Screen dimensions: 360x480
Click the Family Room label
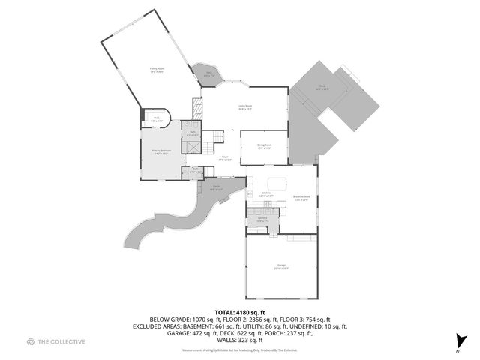156,68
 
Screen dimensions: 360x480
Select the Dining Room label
264,146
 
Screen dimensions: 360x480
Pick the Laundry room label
262,219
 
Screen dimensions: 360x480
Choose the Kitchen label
265,194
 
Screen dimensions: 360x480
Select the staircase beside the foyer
213,137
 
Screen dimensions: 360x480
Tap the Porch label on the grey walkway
215,188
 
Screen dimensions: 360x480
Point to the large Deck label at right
322,87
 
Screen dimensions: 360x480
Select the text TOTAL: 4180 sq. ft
240,311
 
